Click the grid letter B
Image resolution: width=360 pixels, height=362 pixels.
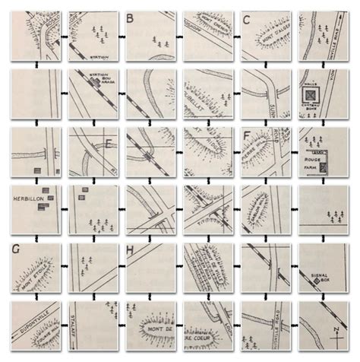pyautogui.click(x=131, y=17)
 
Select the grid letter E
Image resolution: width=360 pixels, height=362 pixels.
pyautogui.click(x=111, y=142)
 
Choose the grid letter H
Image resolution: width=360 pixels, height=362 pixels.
pyautogui.click(x=131, y=250)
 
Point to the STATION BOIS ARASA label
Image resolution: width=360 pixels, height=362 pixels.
pyautogui.click(x=96, y=80)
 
